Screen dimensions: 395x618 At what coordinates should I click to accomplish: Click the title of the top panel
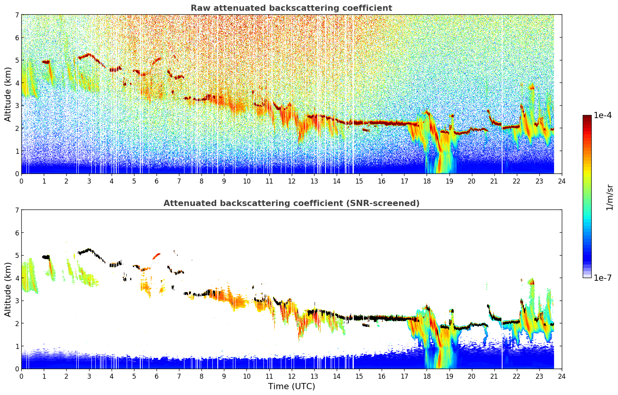coord(291,8)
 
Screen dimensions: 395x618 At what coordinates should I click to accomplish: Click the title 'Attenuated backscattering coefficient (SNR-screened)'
coord(291,203)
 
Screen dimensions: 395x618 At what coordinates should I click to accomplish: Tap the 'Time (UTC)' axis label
coord(291,386)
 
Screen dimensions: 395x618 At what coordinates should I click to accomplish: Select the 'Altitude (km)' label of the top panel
coord(8,94)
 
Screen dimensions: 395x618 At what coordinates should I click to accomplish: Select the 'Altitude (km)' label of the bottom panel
coord(8,289)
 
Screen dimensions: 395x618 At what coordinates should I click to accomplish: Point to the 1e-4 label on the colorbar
coord(603,115)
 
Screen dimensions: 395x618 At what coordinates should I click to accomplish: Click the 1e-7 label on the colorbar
coord(603,278)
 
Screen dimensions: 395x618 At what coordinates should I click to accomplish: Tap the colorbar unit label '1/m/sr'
coord(609,197)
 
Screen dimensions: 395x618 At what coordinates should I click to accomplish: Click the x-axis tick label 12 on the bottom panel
coord(291,376)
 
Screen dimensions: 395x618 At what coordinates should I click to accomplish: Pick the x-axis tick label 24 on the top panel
coord(561,181)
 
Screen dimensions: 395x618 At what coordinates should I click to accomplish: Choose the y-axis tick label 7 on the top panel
coord(17,15)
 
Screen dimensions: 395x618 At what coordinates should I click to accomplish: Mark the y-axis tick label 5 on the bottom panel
coord(17,255)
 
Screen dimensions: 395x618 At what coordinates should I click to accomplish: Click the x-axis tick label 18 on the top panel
coord(427,181)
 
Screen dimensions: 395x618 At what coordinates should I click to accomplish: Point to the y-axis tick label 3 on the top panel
coord(17,105)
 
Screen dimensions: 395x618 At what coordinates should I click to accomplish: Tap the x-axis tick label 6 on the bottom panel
coord(157,376)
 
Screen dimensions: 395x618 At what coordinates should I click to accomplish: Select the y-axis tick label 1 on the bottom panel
coord(17,346)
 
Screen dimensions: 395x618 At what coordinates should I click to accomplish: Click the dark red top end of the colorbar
coord(587,117)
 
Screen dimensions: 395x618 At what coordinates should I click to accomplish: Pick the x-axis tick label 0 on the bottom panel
coord(21,376)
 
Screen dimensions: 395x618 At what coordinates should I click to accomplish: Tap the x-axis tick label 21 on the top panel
coord(494,181)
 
